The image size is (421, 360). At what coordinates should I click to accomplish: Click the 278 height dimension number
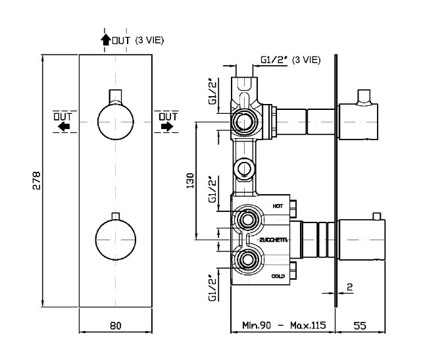(x=36, y=180)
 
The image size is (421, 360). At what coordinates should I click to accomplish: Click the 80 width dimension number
(x=116, y=326)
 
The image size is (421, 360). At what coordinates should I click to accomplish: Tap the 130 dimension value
(x=190, y=180)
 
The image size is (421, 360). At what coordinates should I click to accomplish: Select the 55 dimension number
(x=360, y=326)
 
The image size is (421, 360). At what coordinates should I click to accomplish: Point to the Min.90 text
(x=257, y=325)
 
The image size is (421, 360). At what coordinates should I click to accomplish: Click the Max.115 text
(x=308, y=325)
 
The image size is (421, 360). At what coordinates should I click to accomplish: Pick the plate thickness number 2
(x=349, y=287)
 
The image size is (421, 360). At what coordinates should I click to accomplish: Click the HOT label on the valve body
(x=278, y=206)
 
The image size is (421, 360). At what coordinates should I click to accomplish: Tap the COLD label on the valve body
(x=278, y=276)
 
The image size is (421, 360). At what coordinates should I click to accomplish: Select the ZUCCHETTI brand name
(x=274, y=240)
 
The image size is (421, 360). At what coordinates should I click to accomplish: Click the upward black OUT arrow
(x=106, y=39)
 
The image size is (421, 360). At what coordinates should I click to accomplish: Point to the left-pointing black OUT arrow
(x=64, y=126)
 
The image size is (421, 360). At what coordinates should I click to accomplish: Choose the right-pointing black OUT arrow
(x=167, y=126)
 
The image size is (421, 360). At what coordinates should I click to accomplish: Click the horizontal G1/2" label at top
(x=274, y=60)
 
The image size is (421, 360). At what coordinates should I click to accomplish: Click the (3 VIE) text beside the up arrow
(x=149, y=40)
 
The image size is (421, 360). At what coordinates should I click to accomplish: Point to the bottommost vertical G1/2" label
(x=212, y=288)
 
